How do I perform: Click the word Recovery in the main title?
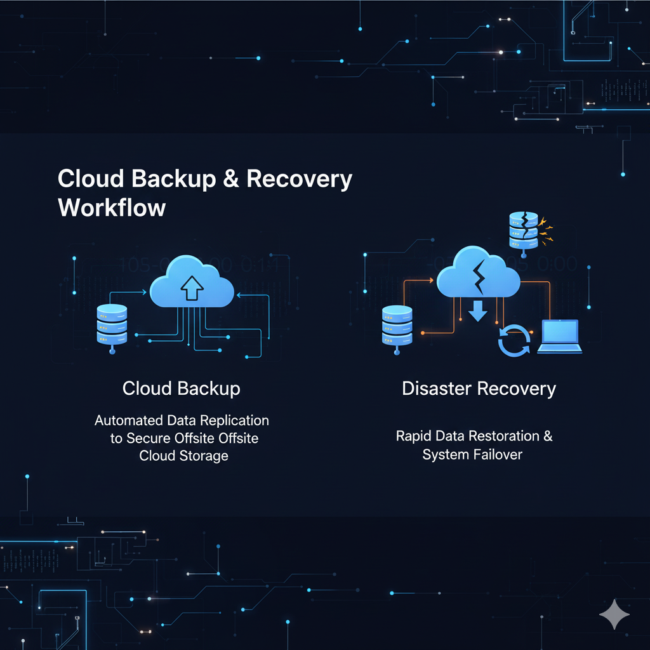(299, 180)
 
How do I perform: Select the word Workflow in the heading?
(112, 208)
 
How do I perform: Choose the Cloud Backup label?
(182, 388)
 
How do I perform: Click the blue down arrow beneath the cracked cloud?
(478, 311)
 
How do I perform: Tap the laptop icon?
(559, 336)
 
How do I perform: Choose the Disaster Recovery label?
(479, 388)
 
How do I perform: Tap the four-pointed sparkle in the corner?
(614, 614)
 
